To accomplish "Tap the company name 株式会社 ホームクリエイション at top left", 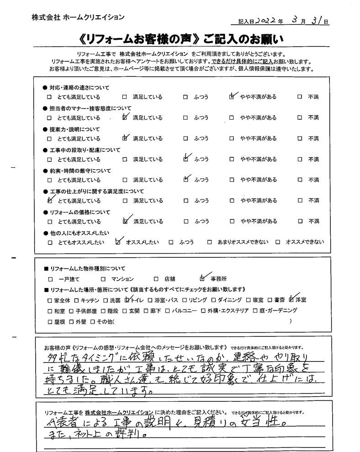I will pos(78,17).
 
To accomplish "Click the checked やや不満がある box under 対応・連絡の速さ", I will pos(233,97).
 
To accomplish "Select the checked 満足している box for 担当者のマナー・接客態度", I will pos(125,118).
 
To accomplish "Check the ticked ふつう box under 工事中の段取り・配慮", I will pos(185,159).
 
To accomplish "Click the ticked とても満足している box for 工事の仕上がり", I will pos(50,200).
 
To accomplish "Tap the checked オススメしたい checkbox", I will pos(118,242).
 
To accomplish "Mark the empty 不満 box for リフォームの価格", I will pos(300,221).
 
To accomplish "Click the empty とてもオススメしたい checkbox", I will pos(50,242).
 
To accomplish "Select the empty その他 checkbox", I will pos(93,322).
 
